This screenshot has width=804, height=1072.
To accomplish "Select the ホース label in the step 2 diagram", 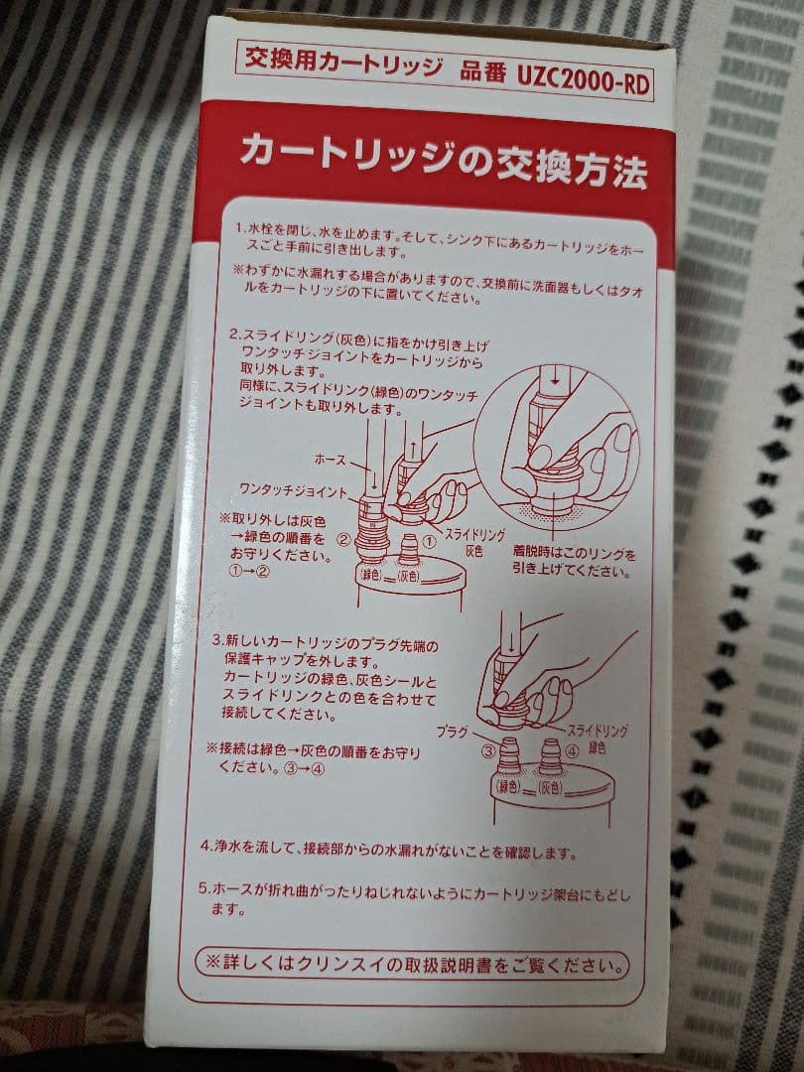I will [x=329, y=460].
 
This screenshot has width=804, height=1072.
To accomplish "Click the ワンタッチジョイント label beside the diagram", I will [x=293, y=490].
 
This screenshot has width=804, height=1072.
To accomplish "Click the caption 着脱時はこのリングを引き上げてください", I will [x=573, y=561].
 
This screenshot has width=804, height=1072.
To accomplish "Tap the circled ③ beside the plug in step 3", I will [x=488, y=751].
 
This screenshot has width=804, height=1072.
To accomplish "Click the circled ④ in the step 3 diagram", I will [x=569, y=750].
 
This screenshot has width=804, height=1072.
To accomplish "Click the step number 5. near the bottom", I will [x=203, y=888].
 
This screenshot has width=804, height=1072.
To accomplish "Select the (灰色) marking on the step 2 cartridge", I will [x=411, y=575].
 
